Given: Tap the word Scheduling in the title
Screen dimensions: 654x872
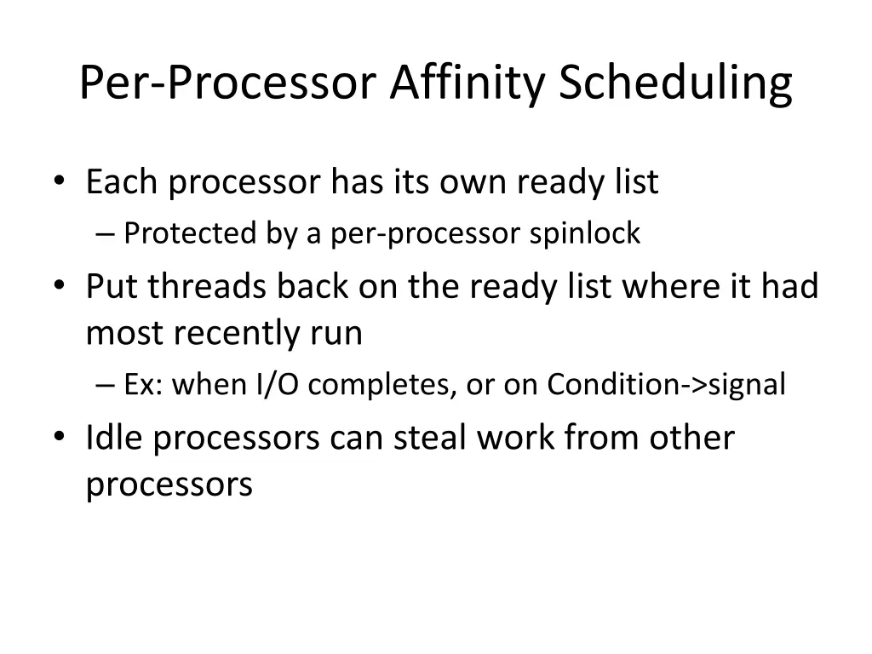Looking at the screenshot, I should click(x=675, y=83).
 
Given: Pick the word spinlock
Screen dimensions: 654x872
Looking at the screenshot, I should click(x=584, y=233).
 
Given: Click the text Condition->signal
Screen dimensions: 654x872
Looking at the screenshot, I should click(x=666, y=385).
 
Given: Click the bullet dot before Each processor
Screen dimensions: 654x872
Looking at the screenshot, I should click(x=59, y=181).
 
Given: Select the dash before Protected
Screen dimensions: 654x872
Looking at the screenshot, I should click(x=106, y=234).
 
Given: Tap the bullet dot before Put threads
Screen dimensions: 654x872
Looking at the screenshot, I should click(x=59, y=286).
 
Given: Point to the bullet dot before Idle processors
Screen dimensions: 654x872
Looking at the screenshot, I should click(x=59, y=438).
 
